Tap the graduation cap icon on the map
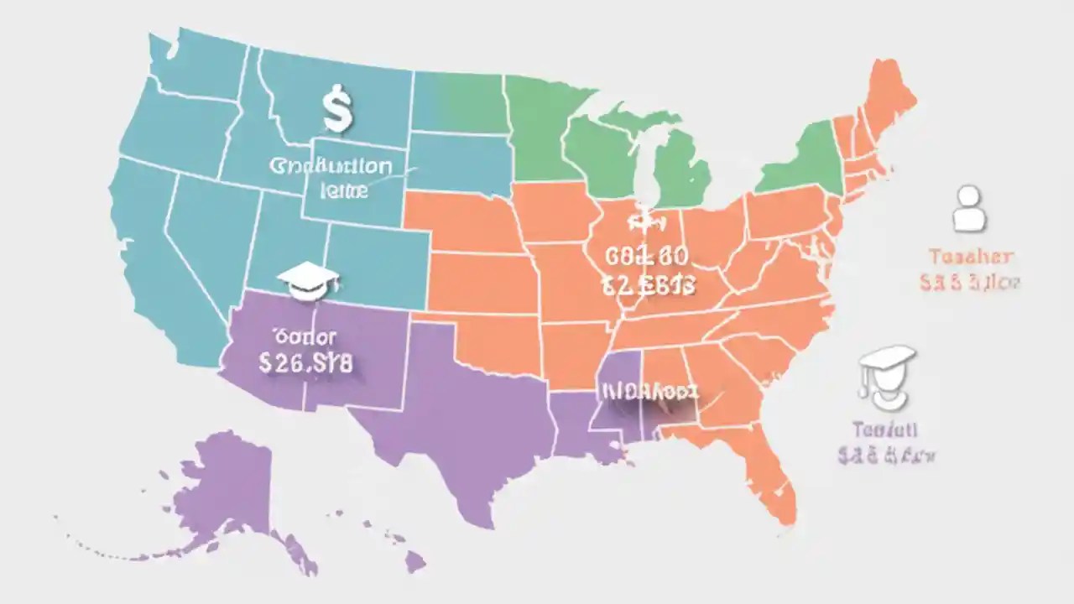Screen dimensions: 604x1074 (x=308, y=280)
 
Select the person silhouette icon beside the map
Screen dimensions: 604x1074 (x=969, y=209)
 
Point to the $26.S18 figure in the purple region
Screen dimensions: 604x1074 (x=306, y=363)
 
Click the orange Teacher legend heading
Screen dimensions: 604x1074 (x=971, y=257)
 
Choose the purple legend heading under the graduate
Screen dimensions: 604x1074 (x=884, y=430)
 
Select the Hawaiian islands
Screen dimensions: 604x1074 (x=394, y=541)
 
